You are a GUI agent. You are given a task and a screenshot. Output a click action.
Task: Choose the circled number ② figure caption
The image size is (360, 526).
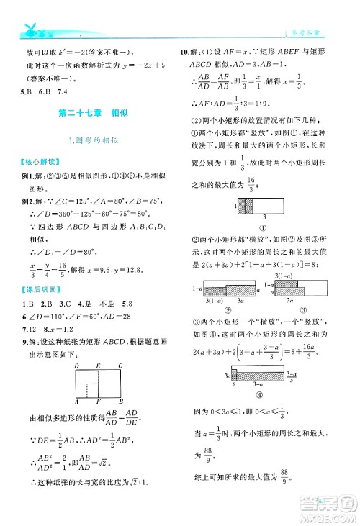[228, 311]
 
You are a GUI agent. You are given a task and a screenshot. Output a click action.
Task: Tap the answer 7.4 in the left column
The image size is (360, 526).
[61, 91]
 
